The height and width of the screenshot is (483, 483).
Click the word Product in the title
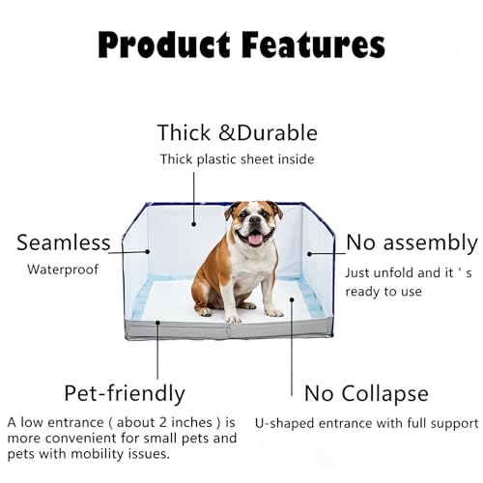point(164,45)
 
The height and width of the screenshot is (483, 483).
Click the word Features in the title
point(313,44)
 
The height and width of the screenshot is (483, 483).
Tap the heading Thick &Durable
point(238,132)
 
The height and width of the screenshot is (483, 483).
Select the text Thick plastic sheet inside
point(237,159)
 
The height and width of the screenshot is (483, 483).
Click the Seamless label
point(64,242)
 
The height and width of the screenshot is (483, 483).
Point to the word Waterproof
point(63,270)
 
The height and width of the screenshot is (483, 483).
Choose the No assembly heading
point(412,243)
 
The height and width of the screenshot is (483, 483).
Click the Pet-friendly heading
point(125,393)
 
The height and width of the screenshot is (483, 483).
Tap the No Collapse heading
point(366,394)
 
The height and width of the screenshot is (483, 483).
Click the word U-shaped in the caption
point(285,424)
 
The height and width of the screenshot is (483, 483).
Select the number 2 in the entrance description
point(163,422)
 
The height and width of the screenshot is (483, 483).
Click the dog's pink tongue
point(256,239)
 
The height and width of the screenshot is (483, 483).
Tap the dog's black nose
point(255,220)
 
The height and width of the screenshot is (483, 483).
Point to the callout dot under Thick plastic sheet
point(194,224)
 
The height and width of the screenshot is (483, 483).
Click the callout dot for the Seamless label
point(148,251)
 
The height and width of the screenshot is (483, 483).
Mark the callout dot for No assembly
point(309,254)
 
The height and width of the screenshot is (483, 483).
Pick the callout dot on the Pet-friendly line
point(157,322)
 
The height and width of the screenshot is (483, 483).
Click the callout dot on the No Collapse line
point(292,299)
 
